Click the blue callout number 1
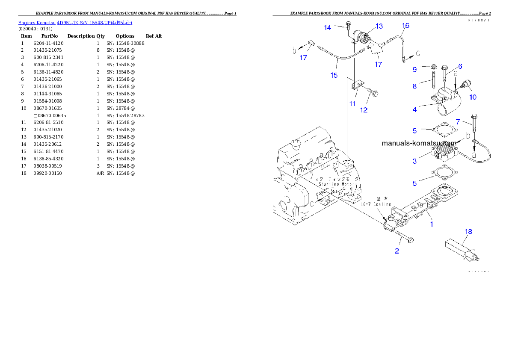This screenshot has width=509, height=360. coord(432,224)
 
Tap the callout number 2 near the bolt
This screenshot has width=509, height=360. coord(397,251)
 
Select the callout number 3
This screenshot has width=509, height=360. coord(414,161)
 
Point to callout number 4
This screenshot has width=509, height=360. coord(414,109)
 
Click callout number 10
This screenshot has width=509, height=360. coord(472,97)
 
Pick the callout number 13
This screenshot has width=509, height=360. coord(379,27)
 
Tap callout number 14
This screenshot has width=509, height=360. coord(328,28)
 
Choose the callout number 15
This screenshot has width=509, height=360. coord(334,75)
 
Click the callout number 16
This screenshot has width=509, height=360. coord(405,26)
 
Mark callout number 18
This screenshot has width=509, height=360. coord(469,232)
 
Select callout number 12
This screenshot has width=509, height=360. coord(364,110)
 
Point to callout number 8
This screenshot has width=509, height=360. coord(414,86)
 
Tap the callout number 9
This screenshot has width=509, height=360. coord(414,69)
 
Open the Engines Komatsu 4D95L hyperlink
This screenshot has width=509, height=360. coord(75,22)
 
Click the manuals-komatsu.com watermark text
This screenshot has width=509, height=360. coord(419,144)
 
